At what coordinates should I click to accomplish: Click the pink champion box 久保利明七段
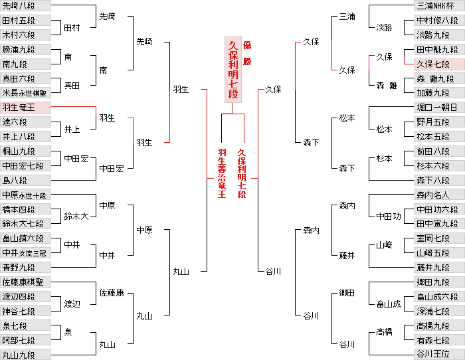tap(232, 69)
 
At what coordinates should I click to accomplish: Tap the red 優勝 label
tap(247, 50)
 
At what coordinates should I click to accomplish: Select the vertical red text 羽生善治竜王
tap(222, 173)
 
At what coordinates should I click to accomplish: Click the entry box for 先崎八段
tap(25, 6)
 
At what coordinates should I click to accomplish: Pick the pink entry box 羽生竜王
tap(25, 108)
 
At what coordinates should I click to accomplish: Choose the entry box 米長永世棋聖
tap(25, 93)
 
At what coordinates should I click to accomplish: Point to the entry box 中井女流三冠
tap(25, 253)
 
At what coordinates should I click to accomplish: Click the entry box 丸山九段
tap(25, 355)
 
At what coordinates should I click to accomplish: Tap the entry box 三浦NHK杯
tap(439, 6)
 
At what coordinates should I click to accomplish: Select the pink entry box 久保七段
tap(439, 64)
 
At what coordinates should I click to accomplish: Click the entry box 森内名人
tap(439, 195)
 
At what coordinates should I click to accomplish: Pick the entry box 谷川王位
tap(439, 355)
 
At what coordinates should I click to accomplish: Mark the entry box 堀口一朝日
tap(439, 108)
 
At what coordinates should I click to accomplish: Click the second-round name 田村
tap(72, 29)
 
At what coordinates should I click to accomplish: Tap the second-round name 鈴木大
tap(76, 217)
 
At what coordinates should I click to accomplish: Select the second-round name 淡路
tap(384, 28)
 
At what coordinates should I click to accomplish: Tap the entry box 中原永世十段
tap(25, 195)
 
